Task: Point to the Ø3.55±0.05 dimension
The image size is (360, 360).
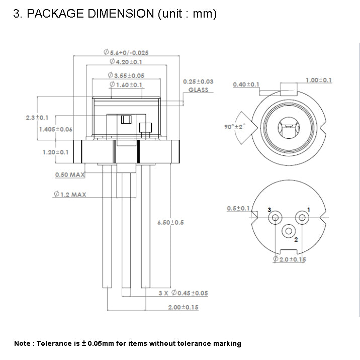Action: click(126, 75)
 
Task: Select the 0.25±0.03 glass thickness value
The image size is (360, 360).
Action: click(198, 81)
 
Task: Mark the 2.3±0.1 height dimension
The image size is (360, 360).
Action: click(37, 117)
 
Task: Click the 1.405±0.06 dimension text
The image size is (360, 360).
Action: click(55, 129)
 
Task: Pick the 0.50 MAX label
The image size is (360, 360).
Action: click(69, 175)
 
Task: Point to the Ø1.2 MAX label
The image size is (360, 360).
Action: click(70, 194)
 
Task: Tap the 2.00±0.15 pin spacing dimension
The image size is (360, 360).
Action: click(183, 307)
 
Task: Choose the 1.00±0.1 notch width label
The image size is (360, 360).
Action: click(319, 80)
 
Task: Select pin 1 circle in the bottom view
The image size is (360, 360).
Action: click(302, 217)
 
